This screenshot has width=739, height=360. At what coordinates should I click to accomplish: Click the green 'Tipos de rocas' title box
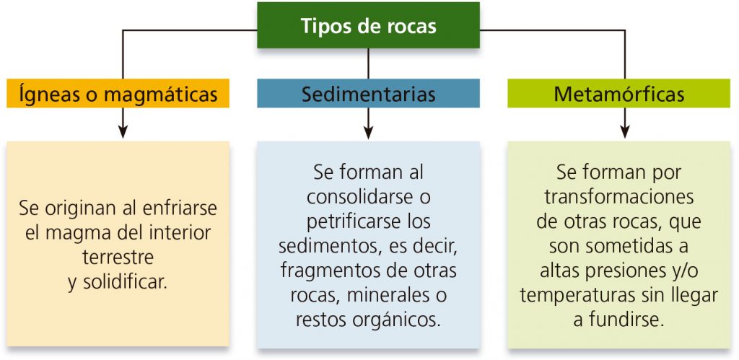(368, 25)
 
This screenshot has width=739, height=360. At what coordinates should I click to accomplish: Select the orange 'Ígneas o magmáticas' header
(118, 93)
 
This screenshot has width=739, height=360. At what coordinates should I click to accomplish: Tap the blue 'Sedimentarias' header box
(368, 93)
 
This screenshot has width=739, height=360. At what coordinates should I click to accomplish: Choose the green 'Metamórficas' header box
(618, 93)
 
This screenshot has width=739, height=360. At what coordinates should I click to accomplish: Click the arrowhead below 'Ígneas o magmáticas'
(123, 131)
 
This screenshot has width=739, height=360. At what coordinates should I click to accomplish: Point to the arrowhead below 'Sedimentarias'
(369, 131)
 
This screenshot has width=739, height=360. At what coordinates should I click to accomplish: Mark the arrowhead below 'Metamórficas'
(625, 131)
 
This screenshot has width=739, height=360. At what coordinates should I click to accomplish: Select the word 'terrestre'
(118, 258)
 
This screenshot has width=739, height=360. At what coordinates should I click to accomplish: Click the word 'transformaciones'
(618, 197)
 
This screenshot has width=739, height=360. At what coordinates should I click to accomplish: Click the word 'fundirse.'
(626, 320)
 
